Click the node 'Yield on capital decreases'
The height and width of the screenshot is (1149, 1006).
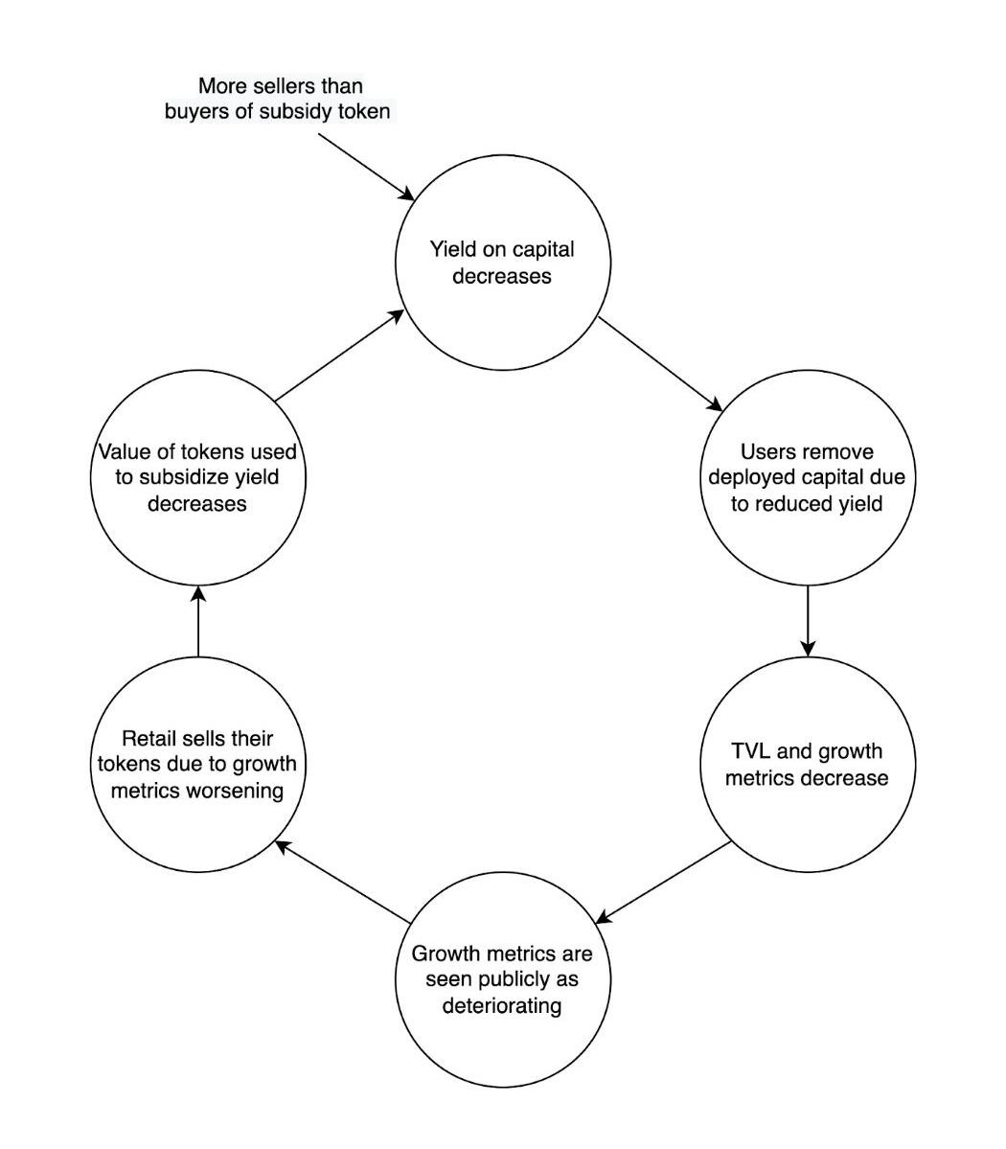pos(502,263)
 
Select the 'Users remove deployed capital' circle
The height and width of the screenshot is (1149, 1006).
pos(807,477)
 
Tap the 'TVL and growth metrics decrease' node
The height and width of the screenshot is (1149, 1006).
pos(807,764)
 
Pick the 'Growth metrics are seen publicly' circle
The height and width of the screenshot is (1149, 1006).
pos(502,979)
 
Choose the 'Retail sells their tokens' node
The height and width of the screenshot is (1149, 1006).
pos(197,764)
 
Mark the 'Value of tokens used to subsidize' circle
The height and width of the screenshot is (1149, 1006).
pos(197,477)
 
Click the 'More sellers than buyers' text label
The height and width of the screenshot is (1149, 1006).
pos(278,99)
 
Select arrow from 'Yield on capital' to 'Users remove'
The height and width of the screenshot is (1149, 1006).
pos(660,363)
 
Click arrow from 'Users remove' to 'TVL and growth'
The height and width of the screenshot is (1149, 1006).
pos(808,620)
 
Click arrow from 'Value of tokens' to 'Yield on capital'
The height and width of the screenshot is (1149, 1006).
pos(339,355)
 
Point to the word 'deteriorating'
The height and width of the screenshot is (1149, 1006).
pos(502,1006)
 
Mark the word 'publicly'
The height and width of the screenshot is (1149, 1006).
pos(534,980)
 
